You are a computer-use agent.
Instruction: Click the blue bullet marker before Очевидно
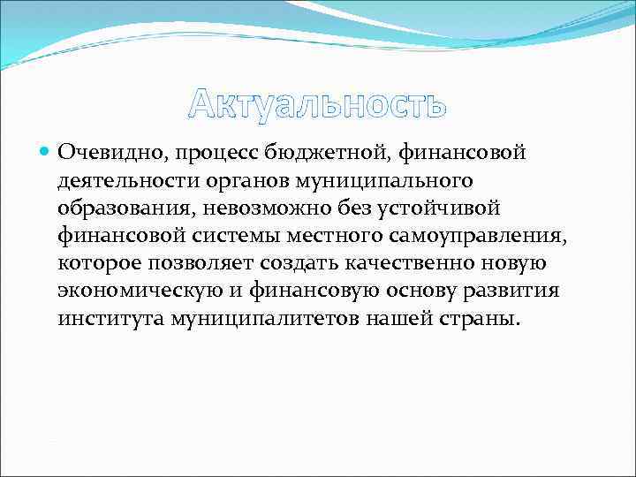click(x=46, y=153)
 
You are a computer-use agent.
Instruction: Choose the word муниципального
click(x=367, y=180)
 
